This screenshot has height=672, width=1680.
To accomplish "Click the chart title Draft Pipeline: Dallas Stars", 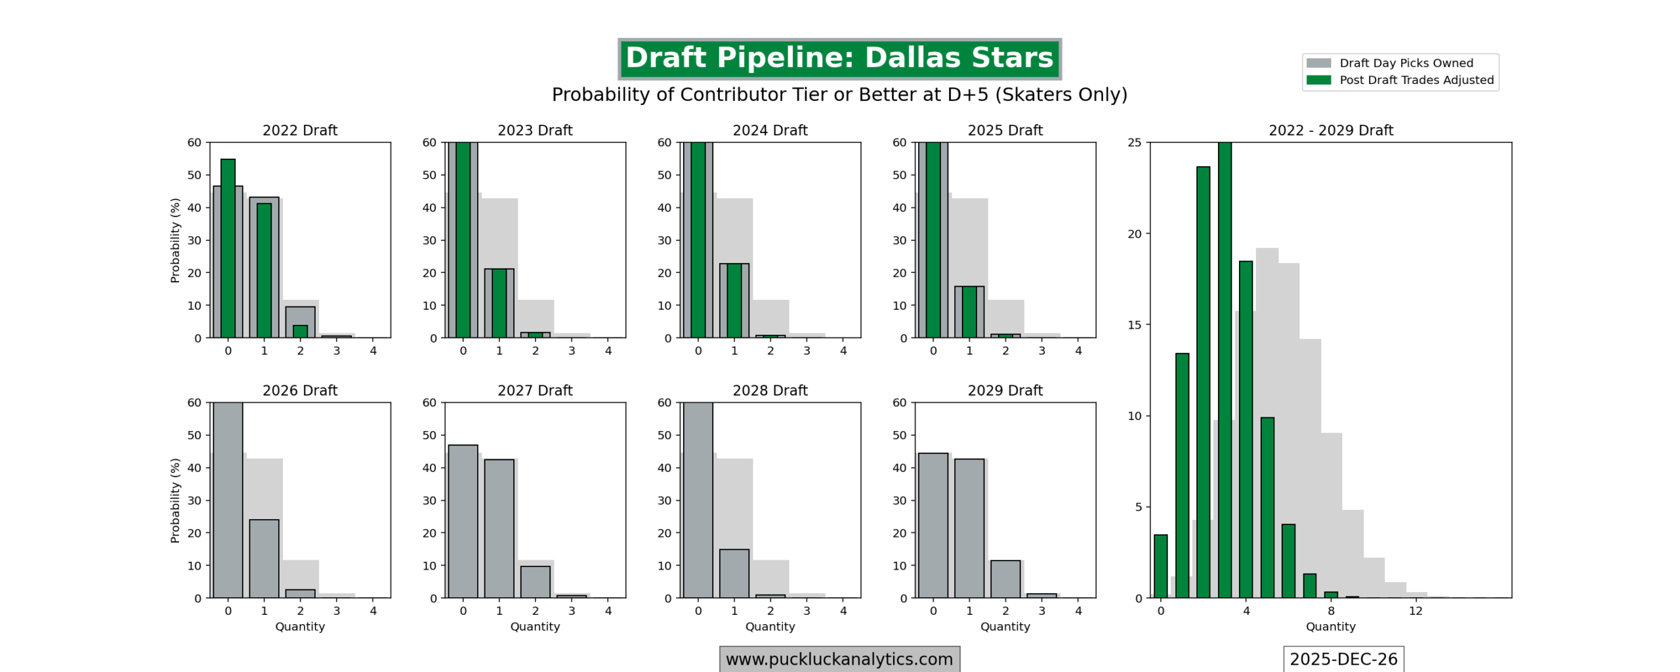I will coord(839,58).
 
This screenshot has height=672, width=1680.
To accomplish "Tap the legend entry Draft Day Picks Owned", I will coord(1406,63).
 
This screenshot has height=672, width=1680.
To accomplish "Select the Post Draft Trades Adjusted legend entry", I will coord(1416,80).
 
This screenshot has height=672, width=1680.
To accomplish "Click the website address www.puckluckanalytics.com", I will coord(839,659).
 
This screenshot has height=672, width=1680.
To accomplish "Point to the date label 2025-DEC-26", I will coord(1343,659).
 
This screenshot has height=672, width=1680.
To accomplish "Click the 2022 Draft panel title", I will coord(300,130).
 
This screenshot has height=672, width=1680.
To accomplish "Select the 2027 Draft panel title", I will coord(535,390).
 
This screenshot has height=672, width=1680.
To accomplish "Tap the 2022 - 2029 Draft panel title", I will coord(1330,130).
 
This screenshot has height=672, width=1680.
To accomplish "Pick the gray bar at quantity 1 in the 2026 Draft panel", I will coord(264,558).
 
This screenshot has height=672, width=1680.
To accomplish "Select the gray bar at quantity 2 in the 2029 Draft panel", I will coord(1005,579).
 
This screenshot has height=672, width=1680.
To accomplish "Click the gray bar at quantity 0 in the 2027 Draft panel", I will coord(463,521).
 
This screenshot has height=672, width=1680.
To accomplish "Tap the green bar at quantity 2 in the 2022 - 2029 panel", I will coord(1203,382).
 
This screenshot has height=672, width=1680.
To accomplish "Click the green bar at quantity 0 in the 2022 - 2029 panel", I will coord(1160,566).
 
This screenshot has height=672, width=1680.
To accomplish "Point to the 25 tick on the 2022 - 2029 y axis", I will coord(1135,142).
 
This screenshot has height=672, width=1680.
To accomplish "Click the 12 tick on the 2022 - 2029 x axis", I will coord(1416,611).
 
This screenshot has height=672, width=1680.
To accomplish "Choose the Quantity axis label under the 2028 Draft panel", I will coord(770,627).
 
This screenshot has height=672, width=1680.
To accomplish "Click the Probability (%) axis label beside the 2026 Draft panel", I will coord(175,500).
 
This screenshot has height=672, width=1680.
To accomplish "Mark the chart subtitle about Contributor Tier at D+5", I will coord(839,94).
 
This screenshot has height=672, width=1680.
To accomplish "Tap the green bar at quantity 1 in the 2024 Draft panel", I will coord(734,301).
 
